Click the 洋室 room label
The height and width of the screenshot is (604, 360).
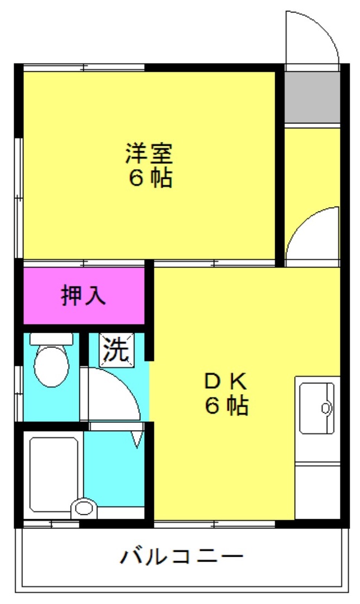[149, 154]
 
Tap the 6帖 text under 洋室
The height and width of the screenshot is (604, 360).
[150, 178]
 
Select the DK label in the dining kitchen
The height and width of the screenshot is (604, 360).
[226, 382]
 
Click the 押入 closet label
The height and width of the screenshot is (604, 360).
[83, 295]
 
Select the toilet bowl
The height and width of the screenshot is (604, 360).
[51, 366]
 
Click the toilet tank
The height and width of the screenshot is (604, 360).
[52, 339]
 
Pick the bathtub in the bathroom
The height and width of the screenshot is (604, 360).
[54, 474]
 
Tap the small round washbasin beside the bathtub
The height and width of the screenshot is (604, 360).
[84, 508]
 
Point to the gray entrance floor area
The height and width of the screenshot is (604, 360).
[312, 97]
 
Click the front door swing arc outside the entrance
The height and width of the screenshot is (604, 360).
[323, 28]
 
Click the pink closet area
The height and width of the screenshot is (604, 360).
[84, 295]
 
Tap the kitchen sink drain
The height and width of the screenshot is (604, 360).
[326, 408]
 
